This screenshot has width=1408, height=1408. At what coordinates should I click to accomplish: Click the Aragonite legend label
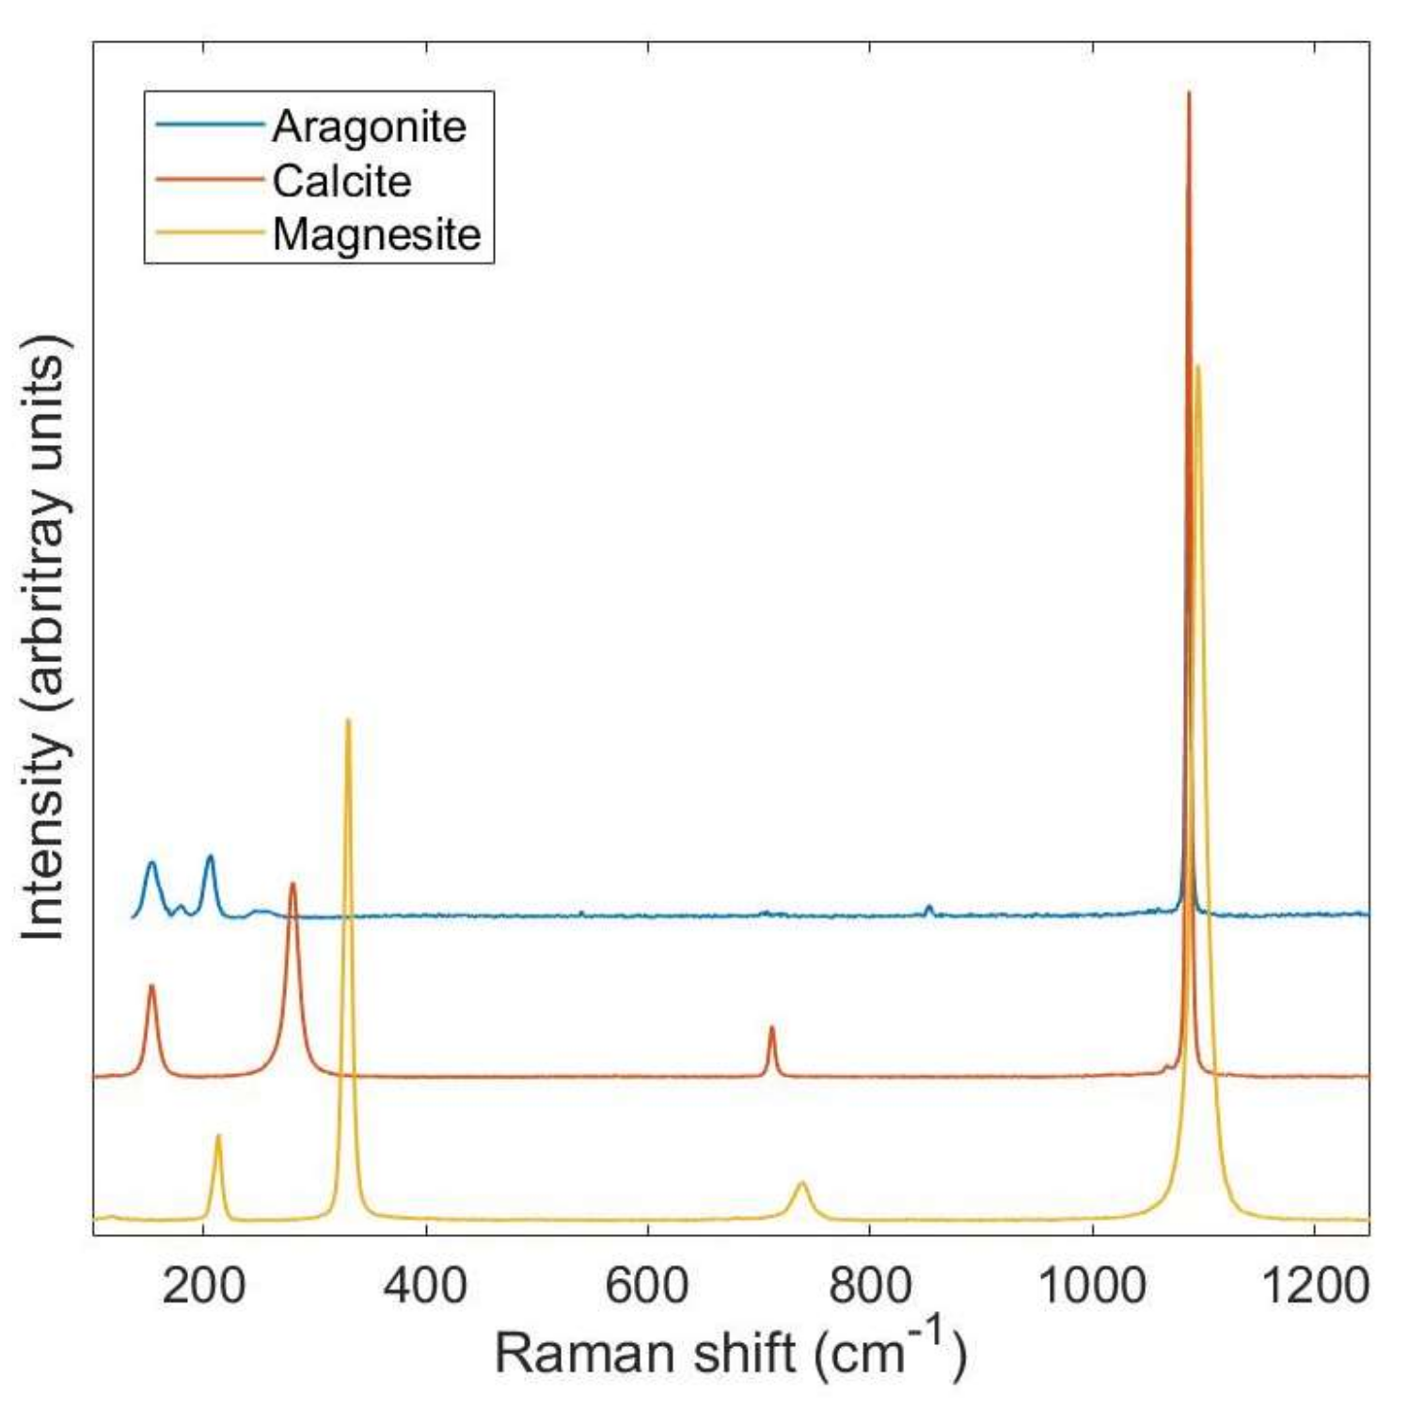[369, 127]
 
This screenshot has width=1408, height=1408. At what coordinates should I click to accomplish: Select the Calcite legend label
[341, 181]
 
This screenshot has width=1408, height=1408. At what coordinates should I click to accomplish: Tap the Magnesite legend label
[376, 234]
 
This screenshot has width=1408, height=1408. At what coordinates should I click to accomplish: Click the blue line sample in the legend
[209, 125]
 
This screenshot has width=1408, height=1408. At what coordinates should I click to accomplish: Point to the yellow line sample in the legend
[209, 233]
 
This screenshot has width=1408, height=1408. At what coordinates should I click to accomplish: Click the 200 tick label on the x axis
[203, 1285]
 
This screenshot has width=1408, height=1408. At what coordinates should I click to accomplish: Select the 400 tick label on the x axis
[425, 1285]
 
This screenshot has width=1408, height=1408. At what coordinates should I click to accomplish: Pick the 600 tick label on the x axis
[647, 1285]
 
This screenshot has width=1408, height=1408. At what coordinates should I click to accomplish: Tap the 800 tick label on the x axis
[869, 1285]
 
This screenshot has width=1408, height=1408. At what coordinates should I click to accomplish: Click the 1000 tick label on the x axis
[1091, 1285]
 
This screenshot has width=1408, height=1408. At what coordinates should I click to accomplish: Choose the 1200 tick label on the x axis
[1313, 1285]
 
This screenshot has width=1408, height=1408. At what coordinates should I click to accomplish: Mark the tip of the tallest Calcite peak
[1189, 92]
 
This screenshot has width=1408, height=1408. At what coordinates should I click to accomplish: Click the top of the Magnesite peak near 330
[348, 720]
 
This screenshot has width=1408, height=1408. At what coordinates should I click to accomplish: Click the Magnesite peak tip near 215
[218, 1136]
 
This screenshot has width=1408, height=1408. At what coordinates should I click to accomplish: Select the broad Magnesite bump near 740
[801, 1183]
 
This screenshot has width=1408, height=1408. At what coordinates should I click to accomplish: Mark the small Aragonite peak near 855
[929, 907]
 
